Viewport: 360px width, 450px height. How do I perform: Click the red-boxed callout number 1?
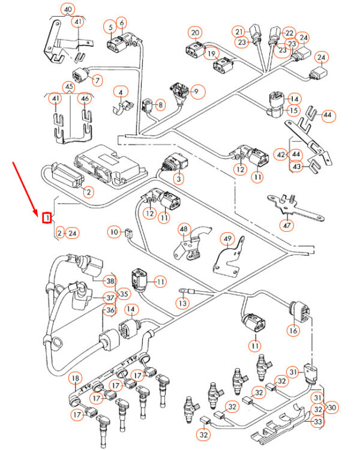point(46,218)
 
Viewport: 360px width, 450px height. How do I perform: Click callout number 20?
point(195,32)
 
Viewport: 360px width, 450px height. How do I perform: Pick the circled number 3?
point(178,178)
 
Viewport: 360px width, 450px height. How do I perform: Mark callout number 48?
point(183,229)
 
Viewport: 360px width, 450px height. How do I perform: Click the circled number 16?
point(293,330)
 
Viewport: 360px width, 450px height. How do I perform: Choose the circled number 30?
point(332,407)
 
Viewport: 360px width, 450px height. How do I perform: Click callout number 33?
point(319,421)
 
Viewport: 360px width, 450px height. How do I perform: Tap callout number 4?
point(122,92)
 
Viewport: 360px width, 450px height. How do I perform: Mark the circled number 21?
point(240,31)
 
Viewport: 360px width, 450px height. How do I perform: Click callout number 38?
point(110,281)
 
